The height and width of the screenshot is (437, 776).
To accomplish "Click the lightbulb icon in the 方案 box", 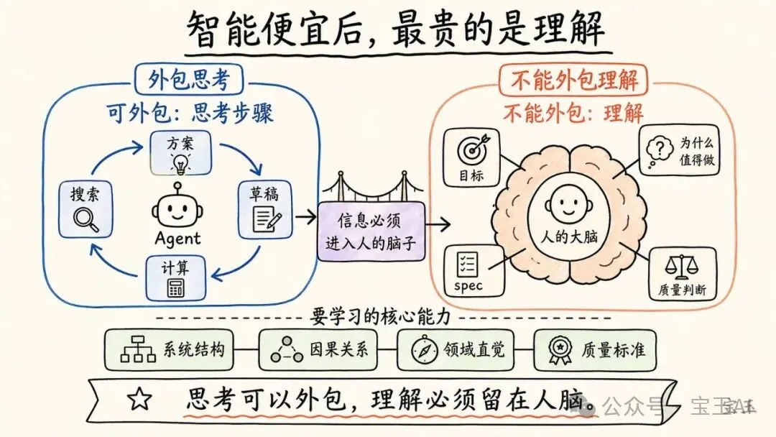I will pyautogui.click(x=179, y=163).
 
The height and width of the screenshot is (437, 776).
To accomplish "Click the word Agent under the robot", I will pyautogui.click(x=177, y=238).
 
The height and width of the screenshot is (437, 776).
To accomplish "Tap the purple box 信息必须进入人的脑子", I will pyautogui.click(x=371, y=231).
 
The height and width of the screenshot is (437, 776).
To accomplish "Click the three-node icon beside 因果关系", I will pyautogui.click(x=287, y=350).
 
